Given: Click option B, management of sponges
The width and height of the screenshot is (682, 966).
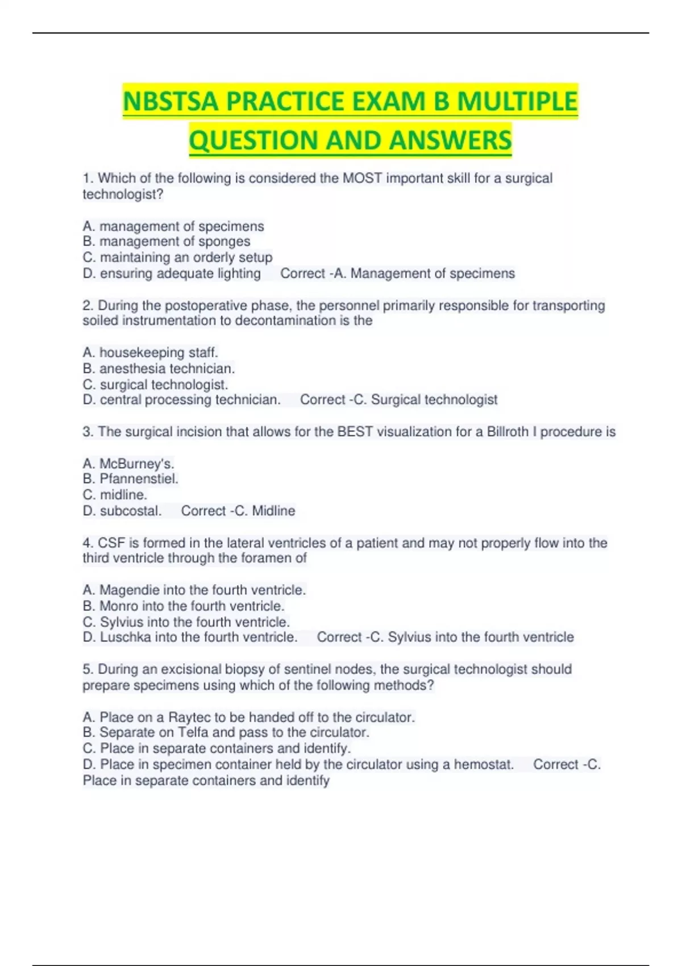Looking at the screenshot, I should pos(167,241).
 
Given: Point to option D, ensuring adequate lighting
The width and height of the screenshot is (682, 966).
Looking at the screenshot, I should pos(172,273).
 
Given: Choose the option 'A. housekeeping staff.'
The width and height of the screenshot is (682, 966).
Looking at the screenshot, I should pos(151,352).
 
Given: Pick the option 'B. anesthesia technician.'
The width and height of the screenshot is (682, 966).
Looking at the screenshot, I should pos(159,368).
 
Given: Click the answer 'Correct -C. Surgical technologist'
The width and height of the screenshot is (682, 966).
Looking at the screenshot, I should pos(398,399).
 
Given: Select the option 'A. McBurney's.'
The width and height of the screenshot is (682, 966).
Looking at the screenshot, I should pos(128,464).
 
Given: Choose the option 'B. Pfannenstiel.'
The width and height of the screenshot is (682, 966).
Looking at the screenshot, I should pos(131,479).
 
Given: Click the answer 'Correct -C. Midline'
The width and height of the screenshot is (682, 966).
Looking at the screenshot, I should pos(238,511).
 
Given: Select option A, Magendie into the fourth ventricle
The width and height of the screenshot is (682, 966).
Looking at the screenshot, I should pos(194,590).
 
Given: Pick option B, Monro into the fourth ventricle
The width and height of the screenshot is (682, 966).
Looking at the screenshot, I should pos(184,606).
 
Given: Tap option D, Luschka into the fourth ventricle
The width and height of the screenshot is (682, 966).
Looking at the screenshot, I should pos(190,637).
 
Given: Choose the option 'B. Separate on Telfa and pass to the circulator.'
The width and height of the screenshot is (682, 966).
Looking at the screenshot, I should pos(226,732).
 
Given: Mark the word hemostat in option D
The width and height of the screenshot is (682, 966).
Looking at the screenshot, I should pos(483,764).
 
